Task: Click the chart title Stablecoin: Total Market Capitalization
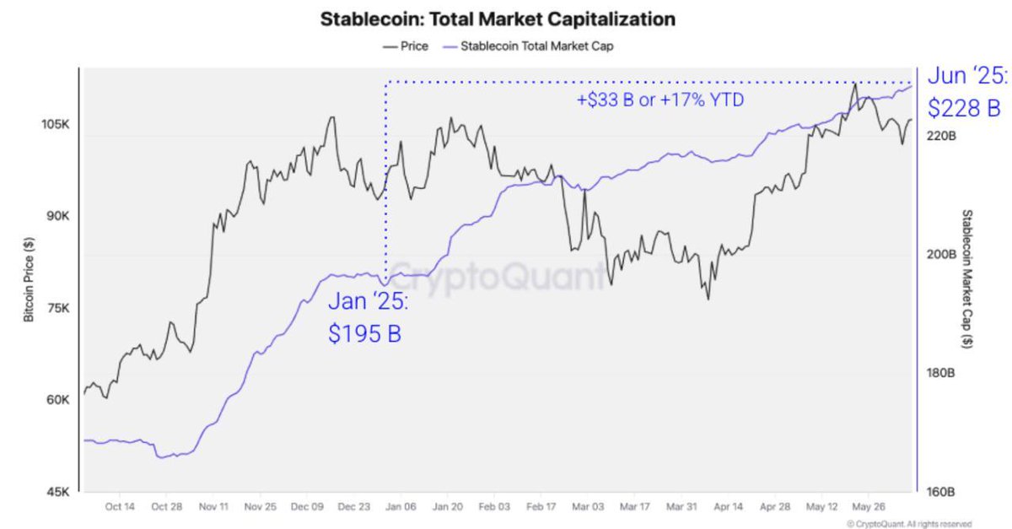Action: (498, 19)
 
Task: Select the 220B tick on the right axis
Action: (939, 135)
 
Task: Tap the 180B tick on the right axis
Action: (939, 373)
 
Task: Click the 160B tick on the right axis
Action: (939, 491)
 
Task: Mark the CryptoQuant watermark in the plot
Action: (498, 274)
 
